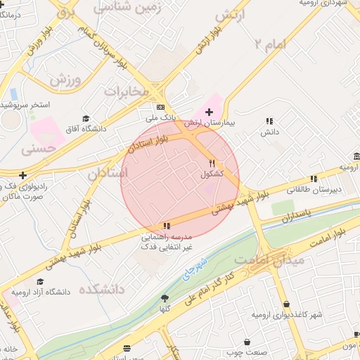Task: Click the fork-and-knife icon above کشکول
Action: coord(212,162)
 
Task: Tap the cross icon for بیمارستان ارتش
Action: coord(209,112)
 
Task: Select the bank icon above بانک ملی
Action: coord(160,107)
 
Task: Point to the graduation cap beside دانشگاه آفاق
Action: coord(86,119)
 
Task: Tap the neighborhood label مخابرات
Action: coord(127,91)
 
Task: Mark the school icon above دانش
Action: coord(270,121)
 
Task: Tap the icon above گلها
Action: coord(165,298)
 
